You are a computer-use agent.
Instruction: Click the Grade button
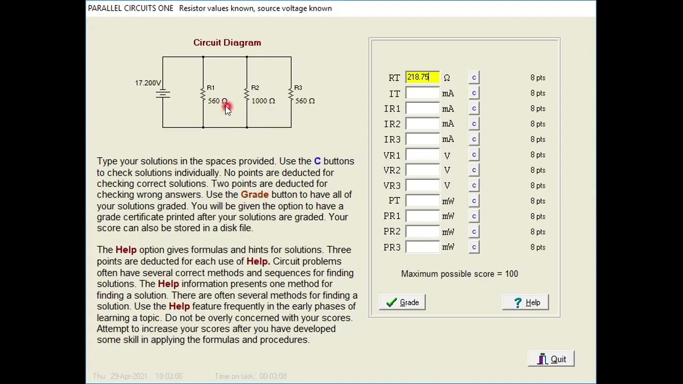[402, 302]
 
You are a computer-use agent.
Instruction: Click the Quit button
[551, 359]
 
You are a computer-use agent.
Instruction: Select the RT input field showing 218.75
[422, 78]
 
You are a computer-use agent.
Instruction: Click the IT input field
[422, 93]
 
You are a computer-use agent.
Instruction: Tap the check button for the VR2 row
[474, 170]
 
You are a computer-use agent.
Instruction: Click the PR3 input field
[422, 247]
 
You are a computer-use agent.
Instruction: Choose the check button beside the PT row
[474, 201]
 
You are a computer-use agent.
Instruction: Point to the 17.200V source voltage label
[148, 83]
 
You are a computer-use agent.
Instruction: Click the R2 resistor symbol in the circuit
[247, 94]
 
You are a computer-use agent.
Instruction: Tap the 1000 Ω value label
[263, 101]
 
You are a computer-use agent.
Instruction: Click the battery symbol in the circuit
[163, 94]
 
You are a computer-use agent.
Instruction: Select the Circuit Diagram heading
[227, 43]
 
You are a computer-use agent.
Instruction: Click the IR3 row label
[392, 139]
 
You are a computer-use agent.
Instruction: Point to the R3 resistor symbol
[291, 94]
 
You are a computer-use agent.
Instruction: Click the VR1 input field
[422, 155]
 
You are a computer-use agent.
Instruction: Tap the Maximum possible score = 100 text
[459, 274]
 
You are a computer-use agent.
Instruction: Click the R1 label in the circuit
[211, 87]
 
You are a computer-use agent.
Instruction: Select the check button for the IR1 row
[474, 109]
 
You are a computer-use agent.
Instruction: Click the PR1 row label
[392, 216]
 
